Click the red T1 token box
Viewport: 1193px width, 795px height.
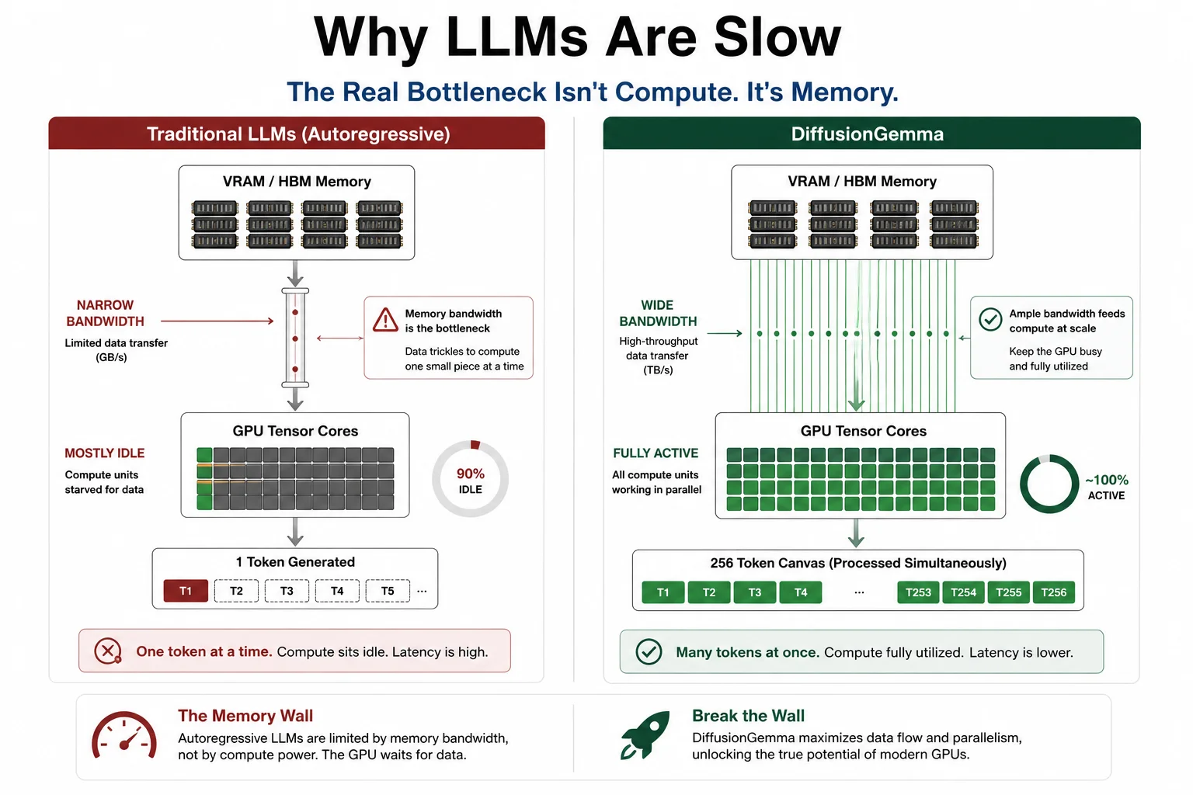186,591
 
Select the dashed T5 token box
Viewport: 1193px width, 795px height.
388,591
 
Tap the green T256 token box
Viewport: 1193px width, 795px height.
1053,592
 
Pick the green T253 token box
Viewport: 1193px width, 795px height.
918,592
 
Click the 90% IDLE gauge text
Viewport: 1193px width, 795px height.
470,481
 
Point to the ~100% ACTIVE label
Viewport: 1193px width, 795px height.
1106,487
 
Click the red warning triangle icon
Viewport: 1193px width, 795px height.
385,320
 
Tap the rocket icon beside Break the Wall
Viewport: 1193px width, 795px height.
645,734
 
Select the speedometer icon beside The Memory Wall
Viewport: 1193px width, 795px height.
124,734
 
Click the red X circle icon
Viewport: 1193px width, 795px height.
108,651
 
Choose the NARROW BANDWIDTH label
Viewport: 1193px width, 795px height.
105,313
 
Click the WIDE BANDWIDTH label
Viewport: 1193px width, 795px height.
658,313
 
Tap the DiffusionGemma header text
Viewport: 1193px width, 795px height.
867,134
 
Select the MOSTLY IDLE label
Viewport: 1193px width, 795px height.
104,453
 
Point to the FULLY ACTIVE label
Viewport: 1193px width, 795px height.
655,453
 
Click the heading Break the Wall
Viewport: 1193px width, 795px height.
748,716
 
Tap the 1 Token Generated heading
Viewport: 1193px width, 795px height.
295,562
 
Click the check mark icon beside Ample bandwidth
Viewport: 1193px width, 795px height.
990,320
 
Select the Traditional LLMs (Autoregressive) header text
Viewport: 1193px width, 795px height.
298,134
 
